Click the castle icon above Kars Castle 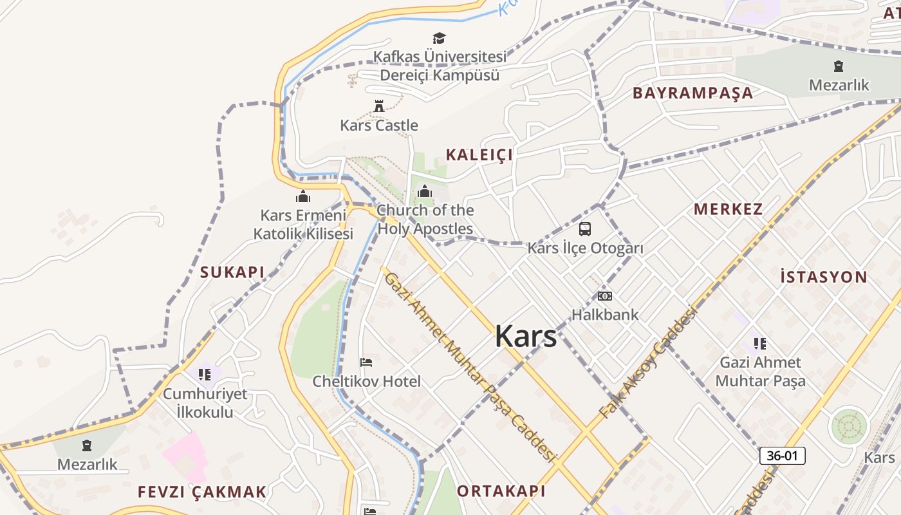pos(379,106)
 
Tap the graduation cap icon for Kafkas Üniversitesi pos(439,39)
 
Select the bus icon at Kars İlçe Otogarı pos(585,229)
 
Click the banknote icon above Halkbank pos(605,296)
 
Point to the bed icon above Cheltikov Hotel pos(366,362)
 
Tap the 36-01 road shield pos(783,456)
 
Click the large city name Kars pos(526,336)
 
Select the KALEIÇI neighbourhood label pos(479,154)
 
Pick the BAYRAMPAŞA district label pos(692,93)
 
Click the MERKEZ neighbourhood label pos(729,209)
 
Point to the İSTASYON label pos(824,277)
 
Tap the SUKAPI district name pos(232,272)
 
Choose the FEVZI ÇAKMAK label pos(202,492)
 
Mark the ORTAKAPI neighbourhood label pos(501,491)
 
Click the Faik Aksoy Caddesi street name pos(648,362)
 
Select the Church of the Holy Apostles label pos(425,220)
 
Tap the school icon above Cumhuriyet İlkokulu pos(205,374)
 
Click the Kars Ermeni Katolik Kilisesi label pos(303,225)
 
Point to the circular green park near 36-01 pos(849,427)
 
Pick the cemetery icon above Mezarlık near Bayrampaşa pos(839,66)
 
